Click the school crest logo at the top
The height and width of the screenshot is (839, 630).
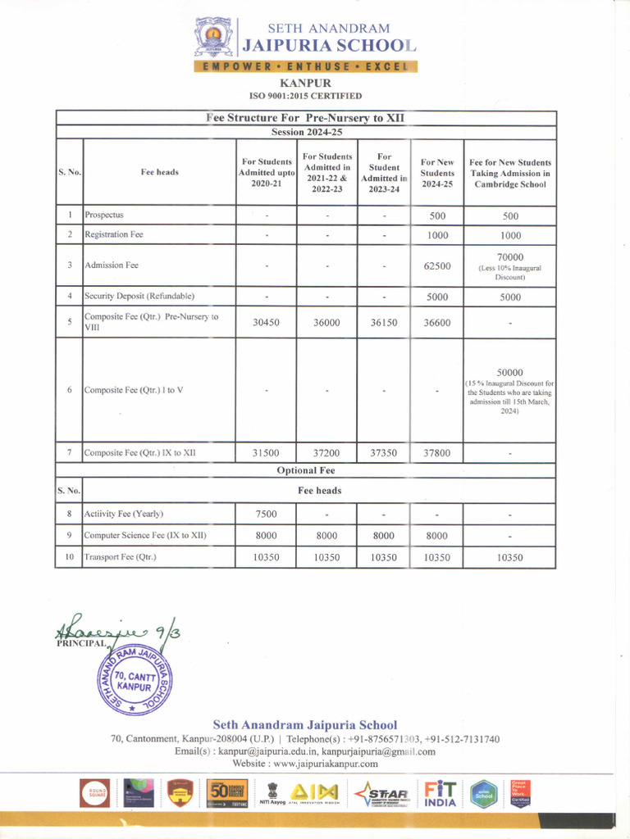tap(213, 37)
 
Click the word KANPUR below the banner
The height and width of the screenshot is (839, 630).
tap(305, 83)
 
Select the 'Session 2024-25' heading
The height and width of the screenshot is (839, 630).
tap(306, 132)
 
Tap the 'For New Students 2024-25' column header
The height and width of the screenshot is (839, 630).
tap(437, 173)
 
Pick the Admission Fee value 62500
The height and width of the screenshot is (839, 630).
tap(437, 265)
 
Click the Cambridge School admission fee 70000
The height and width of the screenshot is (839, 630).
tap(509, 257)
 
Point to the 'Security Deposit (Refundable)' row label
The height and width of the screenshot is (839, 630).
tap(139, 296)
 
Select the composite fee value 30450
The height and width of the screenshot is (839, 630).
tap(266, 323)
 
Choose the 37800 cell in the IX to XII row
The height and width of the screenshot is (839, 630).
tap(437, 452)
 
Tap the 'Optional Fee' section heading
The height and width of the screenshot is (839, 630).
tap(306, 470)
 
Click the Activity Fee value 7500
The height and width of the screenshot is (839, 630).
tap(266, 515)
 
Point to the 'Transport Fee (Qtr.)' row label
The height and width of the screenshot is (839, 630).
tap(121, 557)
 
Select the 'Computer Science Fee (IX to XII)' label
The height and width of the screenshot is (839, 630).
tap(145, 536)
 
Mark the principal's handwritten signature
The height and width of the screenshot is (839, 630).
tap(115, 628)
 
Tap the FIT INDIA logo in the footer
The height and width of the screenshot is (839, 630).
tap(441, 793)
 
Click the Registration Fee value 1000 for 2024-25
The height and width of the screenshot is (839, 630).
tap(437, 234)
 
